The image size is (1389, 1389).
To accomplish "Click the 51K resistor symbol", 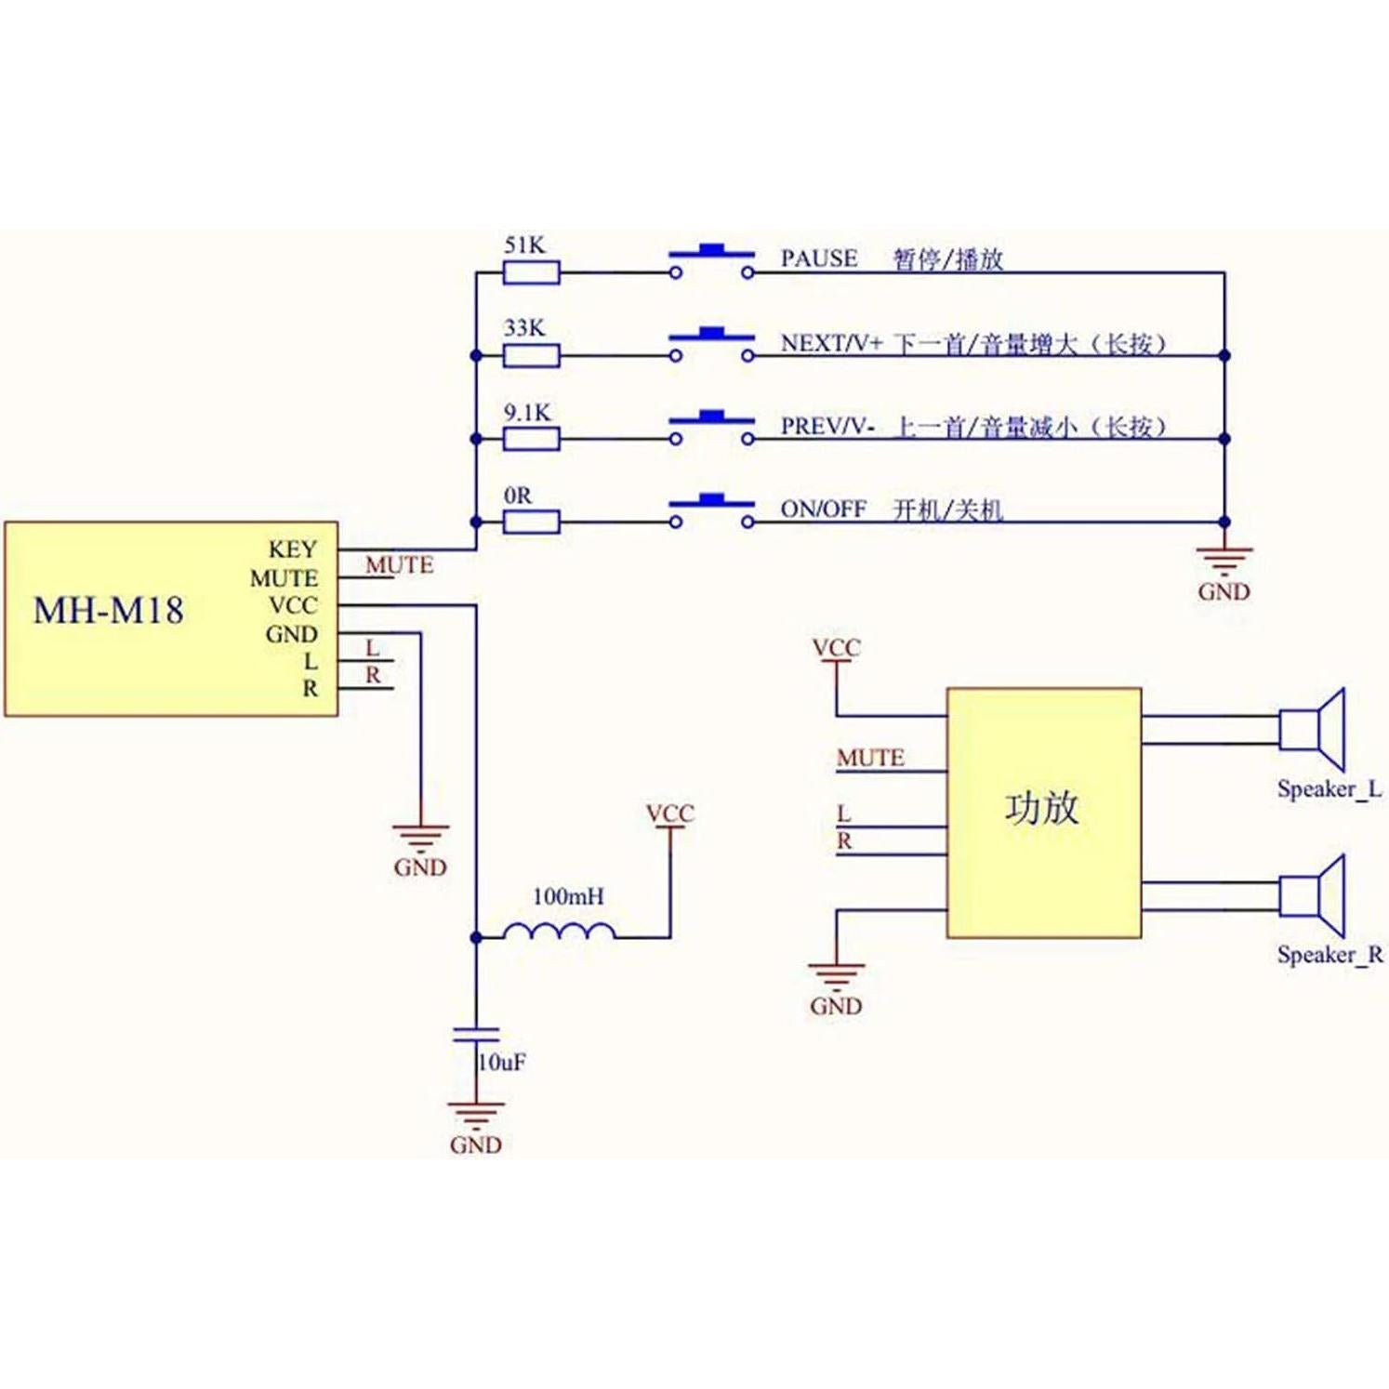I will pos(531,272).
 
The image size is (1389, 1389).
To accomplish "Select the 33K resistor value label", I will pos(524,328).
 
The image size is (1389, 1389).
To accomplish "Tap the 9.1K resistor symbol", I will pos(531,439).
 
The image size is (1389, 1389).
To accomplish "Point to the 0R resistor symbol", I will pos(531,522).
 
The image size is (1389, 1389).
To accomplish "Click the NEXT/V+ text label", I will pos(830,343).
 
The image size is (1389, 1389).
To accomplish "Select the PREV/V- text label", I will pos(827,427).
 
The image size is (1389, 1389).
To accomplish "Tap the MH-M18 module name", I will pos(109,611).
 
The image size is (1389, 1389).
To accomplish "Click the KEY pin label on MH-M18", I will pos(293,549).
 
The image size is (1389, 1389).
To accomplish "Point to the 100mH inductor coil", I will pos(559,931).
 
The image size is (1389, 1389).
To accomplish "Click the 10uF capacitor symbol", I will pos(476,1035).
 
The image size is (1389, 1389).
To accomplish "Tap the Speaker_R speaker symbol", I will pos(1313,894).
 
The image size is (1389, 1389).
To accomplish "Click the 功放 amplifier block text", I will pos(1041,808).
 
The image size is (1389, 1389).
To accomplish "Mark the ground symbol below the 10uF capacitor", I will pos(476,1113).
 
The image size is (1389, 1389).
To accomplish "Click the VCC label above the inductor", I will pos(669,814).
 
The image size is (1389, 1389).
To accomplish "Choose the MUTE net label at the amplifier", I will pos(870,758).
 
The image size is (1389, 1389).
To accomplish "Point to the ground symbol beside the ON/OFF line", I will pos(1224,561).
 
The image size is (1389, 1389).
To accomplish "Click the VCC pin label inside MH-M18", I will pos(293,605).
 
